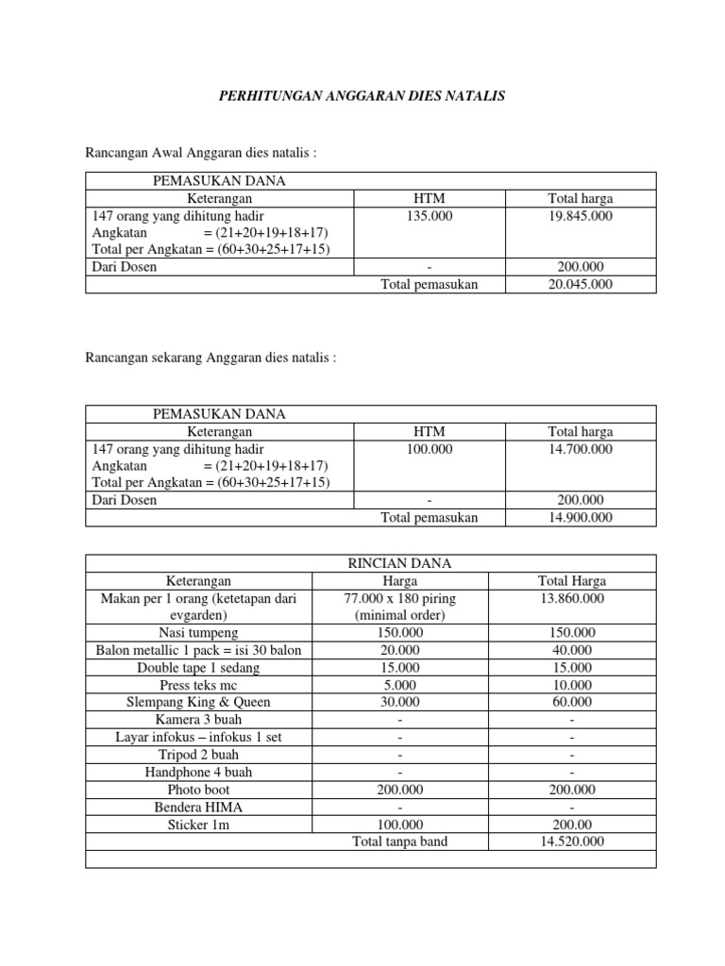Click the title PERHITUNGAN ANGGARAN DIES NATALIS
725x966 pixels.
362,96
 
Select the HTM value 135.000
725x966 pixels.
429,216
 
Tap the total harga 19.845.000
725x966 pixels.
580,216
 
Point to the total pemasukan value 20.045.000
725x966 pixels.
580,285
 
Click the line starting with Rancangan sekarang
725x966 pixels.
211,358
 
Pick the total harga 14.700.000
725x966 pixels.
580,449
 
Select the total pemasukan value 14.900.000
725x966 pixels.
580,517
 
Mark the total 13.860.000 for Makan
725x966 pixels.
572,598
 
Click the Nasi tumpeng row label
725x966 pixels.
198,633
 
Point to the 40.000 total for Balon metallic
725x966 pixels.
572,650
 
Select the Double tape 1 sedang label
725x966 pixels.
198,667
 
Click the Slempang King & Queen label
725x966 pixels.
198,702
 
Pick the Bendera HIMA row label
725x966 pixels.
198,808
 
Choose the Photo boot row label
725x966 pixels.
198,790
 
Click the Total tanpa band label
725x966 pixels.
399,841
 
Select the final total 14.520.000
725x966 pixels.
572,841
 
